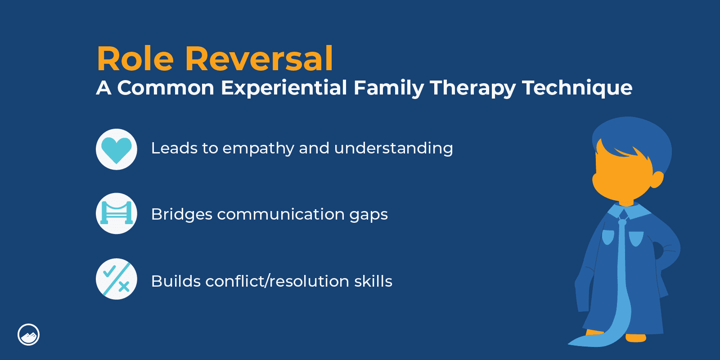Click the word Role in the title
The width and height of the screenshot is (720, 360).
tap(135, 58)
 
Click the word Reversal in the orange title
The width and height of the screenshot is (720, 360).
tap(259, 58)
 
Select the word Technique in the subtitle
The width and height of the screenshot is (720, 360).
tap(577, 88)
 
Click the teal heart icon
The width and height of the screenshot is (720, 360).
tap(117, 149)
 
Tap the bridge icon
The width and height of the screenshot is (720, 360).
tap(117, 213)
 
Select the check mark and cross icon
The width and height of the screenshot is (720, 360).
tap(117, 279)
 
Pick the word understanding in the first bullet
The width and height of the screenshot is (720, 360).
tap(393, 149)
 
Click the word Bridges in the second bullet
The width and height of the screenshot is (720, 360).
tap(182, 214)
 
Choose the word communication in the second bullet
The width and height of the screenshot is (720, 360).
tap(281, 214)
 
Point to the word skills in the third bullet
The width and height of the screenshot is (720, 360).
tap(373, 281)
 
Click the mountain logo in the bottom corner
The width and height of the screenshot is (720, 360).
tap(29, 335)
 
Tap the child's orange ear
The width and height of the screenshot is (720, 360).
tap(657, 180)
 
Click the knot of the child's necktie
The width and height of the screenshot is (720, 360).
tap(622, 222)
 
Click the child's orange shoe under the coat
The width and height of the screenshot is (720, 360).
tap(635, 338)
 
